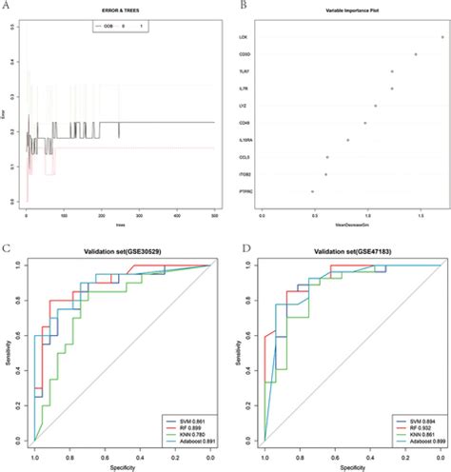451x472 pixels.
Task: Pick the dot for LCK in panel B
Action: pos(442,36)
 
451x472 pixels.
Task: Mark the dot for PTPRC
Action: pos(312,191)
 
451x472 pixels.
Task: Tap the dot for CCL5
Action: pos(327,157)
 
